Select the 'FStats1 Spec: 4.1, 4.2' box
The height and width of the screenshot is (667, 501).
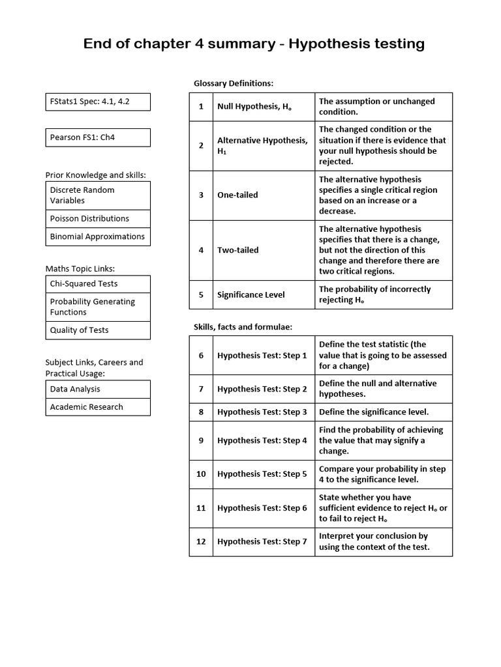pos(98,102)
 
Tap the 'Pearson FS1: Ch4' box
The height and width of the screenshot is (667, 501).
pos(98,137)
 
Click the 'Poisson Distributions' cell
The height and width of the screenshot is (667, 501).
pos(98,219)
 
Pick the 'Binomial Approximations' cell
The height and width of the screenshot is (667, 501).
pos(98,236)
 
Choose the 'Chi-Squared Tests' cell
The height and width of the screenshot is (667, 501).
pos(98,284)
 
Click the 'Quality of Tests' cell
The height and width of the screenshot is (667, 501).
pos(98,330)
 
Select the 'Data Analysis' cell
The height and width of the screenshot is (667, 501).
pos(98,389)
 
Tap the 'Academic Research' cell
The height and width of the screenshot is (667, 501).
pos(98,407)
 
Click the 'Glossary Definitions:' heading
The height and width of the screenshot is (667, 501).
pos(234,83)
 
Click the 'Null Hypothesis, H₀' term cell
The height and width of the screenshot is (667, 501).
pos(264,107)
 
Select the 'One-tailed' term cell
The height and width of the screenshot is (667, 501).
pos(264,195)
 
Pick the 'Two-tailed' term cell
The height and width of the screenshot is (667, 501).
pos(264,250)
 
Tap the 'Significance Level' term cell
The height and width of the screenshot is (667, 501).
pos(264,295)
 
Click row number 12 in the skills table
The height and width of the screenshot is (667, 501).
pos(201,542)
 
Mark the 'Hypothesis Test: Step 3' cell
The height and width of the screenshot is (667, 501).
pos(264,412)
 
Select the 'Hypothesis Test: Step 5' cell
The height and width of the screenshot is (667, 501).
pos(264,474)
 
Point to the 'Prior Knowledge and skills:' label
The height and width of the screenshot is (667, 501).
pos(96,175)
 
